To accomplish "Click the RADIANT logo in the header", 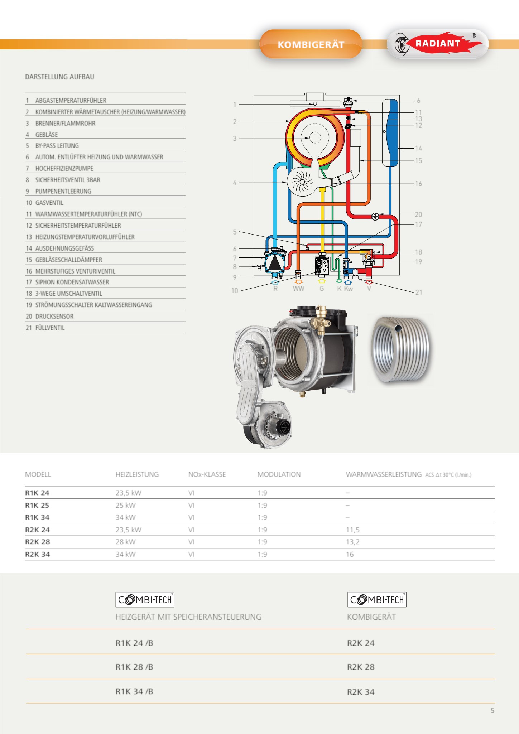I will (438, 44).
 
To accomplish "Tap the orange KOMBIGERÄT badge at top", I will (311, 44).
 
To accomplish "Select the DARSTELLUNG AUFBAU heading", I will (59, 77).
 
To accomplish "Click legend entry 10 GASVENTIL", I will (49, 203).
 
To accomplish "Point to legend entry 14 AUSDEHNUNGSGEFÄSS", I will (64, 248).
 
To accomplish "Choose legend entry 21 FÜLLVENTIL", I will (50, 328).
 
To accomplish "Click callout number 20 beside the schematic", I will (418, 214).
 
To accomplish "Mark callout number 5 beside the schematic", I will (235, 232).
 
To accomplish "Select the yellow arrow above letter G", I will (322, 281).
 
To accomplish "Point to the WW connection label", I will (298, 289).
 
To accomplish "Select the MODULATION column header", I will (279, 474).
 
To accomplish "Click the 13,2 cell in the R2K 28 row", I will (352, 542).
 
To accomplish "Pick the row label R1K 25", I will (37, 505).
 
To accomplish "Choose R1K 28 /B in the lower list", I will (134, 667).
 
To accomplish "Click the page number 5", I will (492, 710).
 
